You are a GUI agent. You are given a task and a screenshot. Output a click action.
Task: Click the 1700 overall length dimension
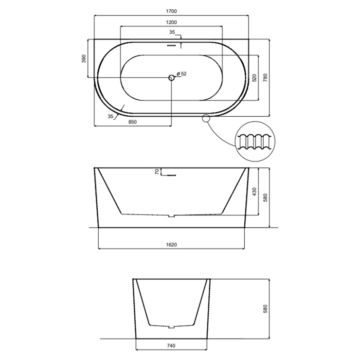pos(171,11)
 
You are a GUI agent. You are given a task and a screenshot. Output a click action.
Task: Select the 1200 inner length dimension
pos(171,22)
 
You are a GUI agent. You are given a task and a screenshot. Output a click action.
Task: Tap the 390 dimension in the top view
pos(84,58)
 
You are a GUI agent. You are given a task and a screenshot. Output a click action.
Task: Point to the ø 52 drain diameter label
pos(181,73)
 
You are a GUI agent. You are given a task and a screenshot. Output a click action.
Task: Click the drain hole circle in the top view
pos(171,78)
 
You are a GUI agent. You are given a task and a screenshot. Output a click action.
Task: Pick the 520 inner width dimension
pos(254,78)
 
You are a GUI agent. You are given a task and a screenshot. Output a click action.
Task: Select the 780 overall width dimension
pos(266,78)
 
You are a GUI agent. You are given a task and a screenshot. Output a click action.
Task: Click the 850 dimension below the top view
pos(132,122)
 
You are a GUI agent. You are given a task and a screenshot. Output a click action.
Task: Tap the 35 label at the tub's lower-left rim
pos(110,116)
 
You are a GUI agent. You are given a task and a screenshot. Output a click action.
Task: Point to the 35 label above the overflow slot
pos(172,32)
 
